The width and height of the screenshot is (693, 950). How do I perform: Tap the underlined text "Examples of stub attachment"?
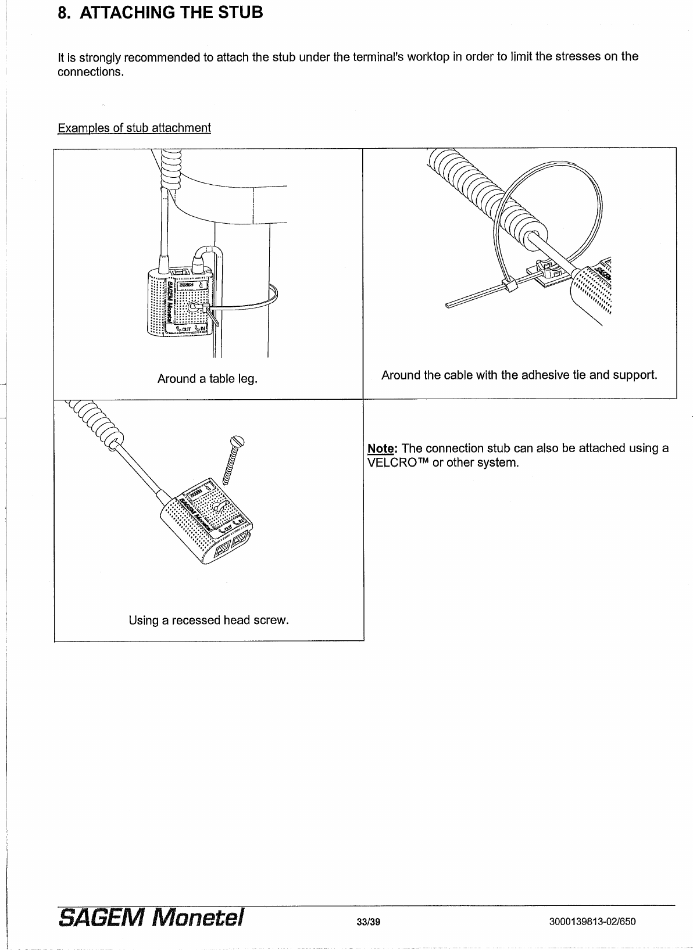point(134,128)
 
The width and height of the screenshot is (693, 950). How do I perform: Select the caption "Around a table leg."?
point(208,379)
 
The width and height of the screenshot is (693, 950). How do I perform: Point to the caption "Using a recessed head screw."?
point(209,620)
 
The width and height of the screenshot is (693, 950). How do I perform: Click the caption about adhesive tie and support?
point(519,375)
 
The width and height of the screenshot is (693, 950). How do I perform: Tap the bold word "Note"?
point(381,449)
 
